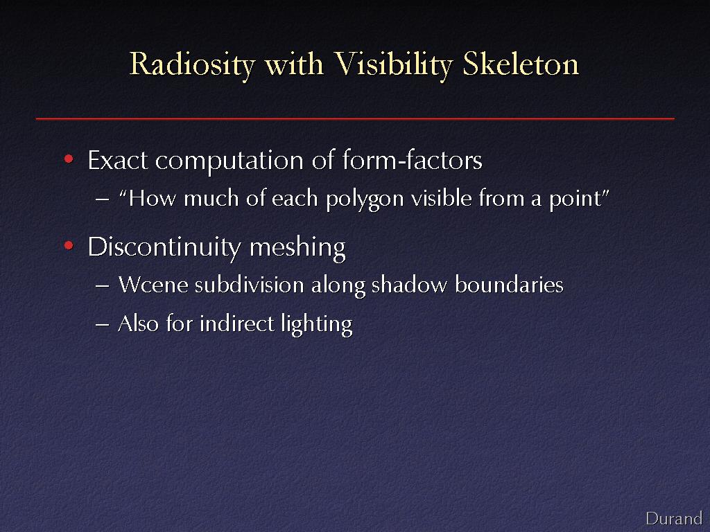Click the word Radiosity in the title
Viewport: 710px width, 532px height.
point(193,64)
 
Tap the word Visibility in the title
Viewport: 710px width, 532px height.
point(393,64)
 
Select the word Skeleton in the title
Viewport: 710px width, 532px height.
point(521,63)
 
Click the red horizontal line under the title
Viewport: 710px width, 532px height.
point(355,118)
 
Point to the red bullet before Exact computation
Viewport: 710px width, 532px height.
point(69,159)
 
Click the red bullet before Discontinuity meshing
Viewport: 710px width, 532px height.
point(69,246)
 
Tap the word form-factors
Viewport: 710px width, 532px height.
point(412,160)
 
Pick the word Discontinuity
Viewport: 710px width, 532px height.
point(164,247)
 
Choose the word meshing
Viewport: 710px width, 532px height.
point(297,247)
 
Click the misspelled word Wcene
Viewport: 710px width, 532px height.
point(153,285)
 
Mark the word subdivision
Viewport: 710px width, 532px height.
point(249,285)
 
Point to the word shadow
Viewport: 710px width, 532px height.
point(409,285)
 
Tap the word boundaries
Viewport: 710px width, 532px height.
point(509,285)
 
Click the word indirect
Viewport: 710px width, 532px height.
point(237,323)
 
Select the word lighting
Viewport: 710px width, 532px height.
point(316,325)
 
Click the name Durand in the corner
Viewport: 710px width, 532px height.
point(674,518)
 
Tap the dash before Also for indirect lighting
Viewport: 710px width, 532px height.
point(103,325)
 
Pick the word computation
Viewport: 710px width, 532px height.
point(230,161)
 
